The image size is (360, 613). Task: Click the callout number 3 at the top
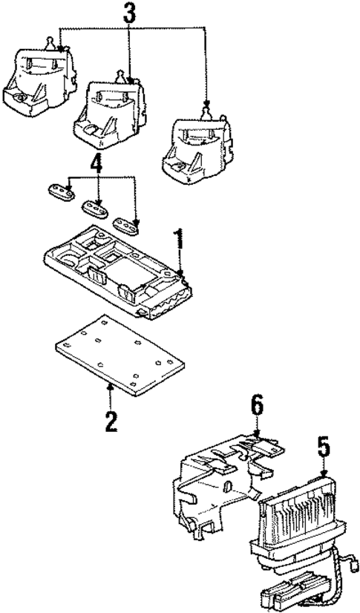(x=130, y=13)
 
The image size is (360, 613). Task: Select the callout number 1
(x=178, y=241)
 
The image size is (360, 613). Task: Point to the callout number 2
(x=110, y=421)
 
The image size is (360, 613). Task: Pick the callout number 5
(x=323, y=450)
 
